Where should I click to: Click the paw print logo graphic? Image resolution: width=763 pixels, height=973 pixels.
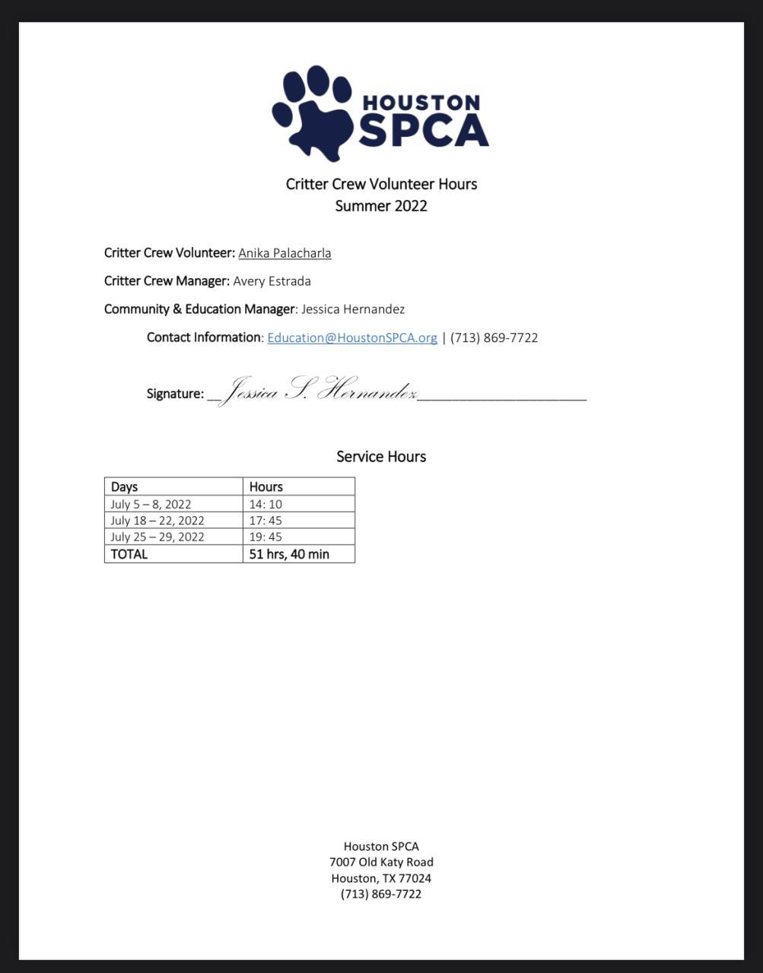point(313,113)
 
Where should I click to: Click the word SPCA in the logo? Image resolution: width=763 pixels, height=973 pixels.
point(423,131)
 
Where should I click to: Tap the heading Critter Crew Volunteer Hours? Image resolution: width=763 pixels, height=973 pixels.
point(381,184)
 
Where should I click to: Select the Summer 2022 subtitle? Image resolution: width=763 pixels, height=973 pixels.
point(381,206)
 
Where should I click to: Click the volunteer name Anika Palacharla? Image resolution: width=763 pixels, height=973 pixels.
point(285,253)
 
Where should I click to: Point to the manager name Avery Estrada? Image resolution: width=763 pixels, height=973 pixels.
point(272,281)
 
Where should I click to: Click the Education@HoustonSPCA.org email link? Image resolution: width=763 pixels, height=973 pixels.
point(352,338)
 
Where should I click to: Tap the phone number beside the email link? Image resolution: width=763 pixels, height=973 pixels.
point(494,338)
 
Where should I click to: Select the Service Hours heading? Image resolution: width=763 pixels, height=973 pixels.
point(381,457)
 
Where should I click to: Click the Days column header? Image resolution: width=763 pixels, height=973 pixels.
point(125,486)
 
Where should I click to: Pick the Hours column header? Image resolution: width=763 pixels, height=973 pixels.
point(265,486)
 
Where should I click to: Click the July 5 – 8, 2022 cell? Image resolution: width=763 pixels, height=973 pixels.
point(151,504)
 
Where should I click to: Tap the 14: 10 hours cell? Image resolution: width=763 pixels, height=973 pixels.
point(265,504)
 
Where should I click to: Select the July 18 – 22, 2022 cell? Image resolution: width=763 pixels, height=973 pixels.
point(157,521)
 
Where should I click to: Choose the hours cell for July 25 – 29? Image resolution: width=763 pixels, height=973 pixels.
point(265,537)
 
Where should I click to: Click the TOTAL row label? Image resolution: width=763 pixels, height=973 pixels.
point(129,554)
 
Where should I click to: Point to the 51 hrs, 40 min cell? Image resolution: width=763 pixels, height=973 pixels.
point(289,554)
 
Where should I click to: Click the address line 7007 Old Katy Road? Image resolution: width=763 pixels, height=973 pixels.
point(381,862)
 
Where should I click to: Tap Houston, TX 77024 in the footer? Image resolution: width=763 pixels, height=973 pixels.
point(381,878)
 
